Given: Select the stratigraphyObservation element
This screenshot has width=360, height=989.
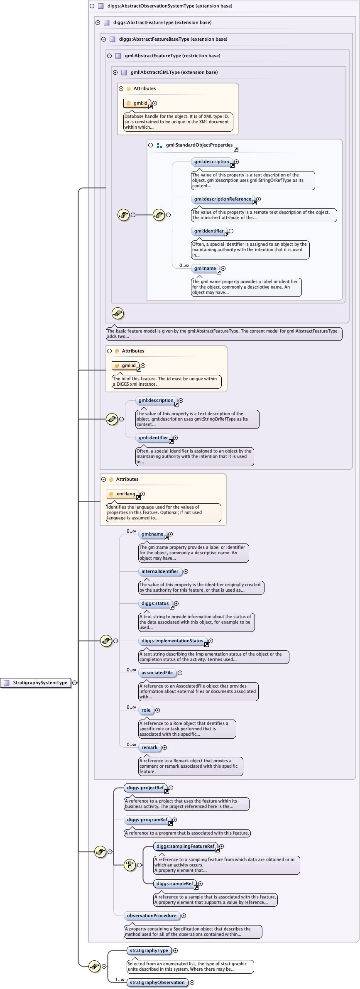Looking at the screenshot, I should click(x=157, y=982).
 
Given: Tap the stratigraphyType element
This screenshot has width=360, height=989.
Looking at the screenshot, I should click(x=149, y=950).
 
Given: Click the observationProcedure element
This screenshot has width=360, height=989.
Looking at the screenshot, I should click(x=152, y=916).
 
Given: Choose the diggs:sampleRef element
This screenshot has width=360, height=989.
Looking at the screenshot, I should click(x=174, y=884).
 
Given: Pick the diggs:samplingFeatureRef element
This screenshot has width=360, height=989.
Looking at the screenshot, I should click(x=185, y=846).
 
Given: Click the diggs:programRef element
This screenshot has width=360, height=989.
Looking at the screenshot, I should click(x=147, y=820).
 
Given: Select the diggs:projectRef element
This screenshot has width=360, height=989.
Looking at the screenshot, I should click(x=145, y=788).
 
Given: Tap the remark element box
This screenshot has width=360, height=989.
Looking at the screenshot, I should click(x=149, y=747).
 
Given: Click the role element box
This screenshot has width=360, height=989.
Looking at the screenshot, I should click(x=146, y=710).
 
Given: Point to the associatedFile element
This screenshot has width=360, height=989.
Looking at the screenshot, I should click(x=157, y=673).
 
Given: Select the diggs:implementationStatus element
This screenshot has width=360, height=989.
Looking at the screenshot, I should click(x=172, y=641).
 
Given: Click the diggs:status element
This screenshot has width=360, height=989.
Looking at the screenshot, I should click(x=155, y=603).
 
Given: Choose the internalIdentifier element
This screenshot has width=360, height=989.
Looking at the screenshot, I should click(x=160, y=571).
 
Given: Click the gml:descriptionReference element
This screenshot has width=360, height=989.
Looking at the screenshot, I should click(x=223, y=199).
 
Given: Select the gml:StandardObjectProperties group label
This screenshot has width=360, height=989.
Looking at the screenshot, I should click(x=199, y=145).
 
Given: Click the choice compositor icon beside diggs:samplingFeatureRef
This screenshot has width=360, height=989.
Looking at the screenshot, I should click(x=130, y=865).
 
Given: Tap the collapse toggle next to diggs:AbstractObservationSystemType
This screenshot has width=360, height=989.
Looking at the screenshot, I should click(x=92, y=6).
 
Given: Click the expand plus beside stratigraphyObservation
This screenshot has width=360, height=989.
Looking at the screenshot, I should click(x=192, y=982).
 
